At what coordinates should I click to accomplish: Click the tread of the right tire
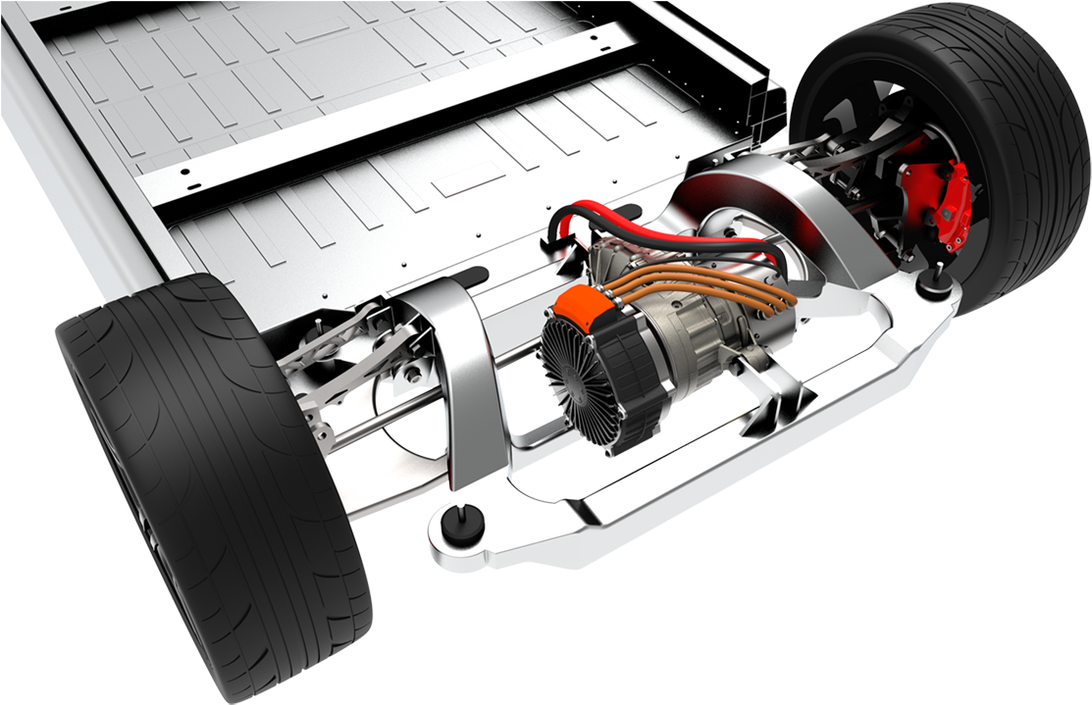click(x=1020, y=147)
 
